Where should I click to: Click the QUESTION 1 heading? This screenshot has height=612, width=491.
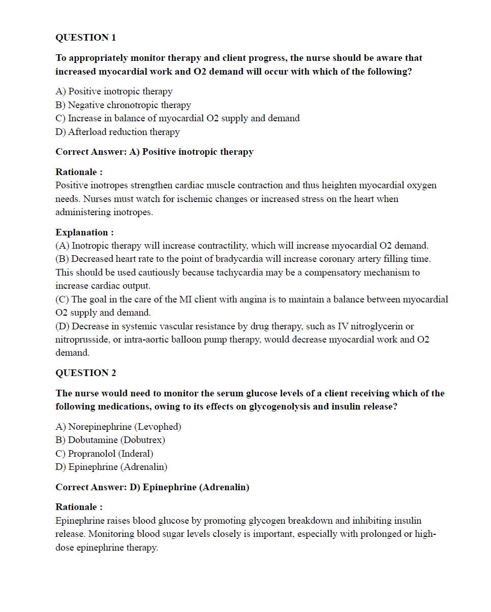85,38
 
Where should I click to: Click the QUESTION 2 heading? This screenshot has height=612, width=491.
85,373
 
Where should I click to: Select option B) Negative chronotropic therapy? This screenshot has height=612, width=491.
123,105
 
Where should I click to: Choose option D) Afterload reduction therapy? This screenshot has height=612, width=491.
117,132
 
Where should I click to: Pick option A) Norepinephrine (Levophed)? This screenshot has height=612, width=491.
118,427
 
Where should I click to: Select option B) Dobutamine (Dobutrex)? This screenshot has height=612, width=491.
110,440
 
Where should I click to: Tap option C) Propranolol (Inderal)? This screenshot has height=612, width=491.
104,454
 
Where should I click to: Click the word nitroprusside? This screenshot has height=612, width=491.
81,339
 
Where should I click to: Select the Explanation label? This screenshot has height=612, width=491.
84,232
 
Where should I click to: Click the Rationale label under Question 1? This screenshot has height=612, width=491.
79,172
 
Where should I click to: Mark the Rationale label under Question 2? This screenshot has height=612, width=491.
79,507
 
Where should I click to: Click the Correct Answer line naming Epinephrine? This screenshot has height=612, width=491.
152,487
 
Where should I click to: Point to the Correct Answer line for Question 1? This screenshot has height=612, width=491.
154,152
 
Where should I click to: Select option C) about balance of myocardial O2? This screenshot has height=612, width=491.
177,118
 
